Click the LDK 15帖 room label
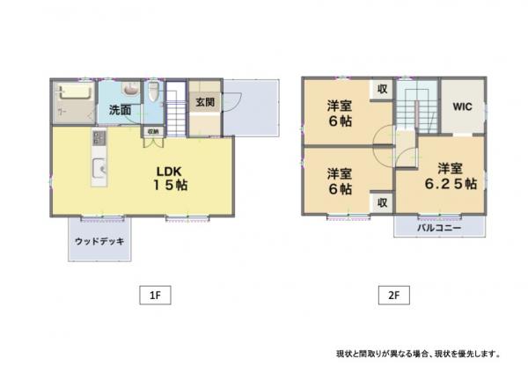click(x=171, y=178)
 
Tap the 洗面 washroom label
click(x=120, y=110)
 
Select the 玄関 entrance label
click(x=205, y=102)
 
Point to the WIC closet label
click(x=462, y=106)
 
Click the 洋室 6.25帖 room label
click(x=451, y=176)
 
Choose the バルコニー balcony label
click(x=439, y=228)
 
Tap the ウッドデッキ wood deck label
click(x=99, y=241)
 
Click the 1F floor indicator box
click(x=155, y=296)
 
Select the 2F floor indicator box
click(x=394, y=296)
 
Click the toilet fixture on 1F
click(x=153, y=91)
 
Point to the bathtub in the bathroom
click(x=74, y=91)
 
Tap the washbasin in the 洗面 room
click(x=130, y=89)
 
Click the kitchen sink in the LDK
click(x=99, y=167)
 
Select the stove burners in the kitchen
click(x=99, y=138)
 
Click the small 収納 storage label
click(x=153, y=131)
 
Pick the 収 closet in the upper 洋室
click(x=382, y=89)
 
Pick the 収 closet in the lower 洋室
click(x=382, y=202)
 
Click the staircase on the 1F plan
click(x=176, y=108)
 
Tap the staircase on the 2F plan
click(x=417, y=106)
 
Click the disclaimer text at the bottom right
click(x=418, y=354)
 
